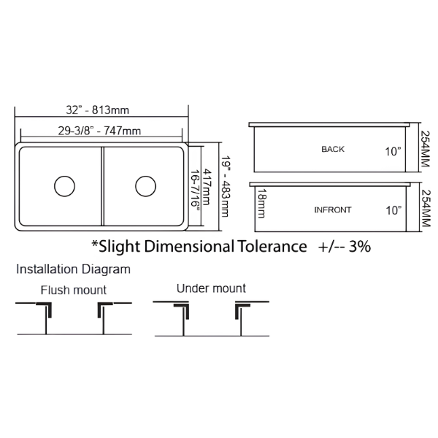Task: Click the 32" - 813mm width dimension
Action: (98, 110)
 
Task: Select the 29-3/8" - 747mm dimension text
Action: (99, 131)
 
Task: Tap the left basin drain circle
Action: (64, 186)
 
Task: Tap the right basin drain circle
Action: (145, 186)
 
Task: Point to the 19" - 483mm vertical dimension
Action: (225, 186)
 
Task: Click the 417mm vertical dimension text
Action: (206, 187)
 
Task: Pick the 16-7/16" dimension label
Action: (195, 188)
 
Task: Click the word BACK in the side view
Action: (333, 149)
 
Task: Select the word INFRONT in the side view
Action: (333, 210)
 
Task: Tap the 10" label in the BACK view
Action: (393, 152)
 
